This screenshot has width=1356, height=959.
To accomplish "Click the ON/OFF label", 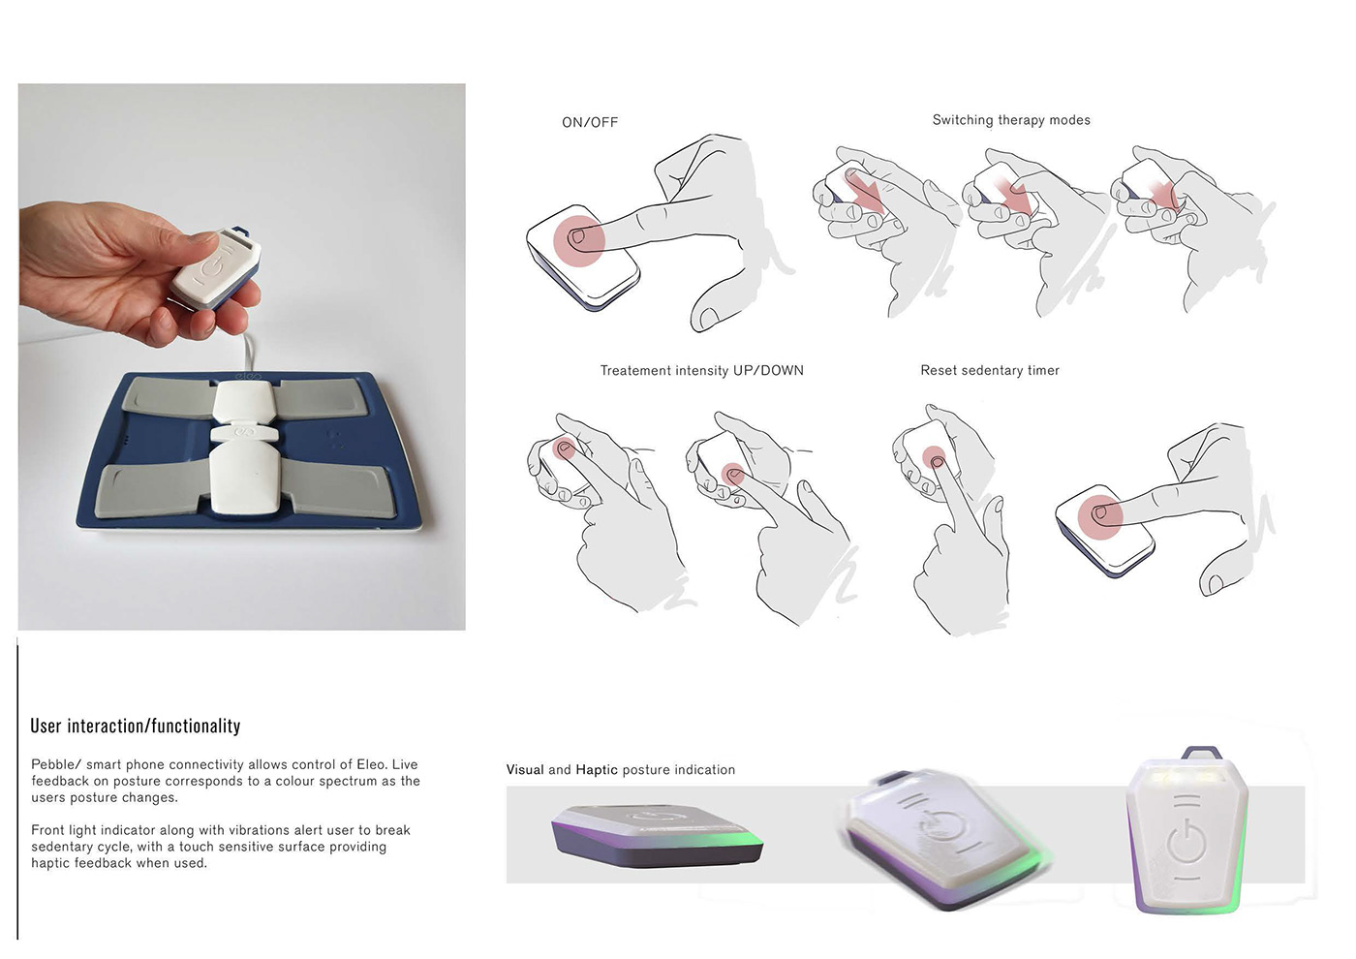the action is pyautogui.click(x=590, y=122).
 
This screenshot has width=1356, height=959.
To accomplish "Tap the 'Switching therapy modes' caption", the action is pyautogui.click(x=1011, y=120).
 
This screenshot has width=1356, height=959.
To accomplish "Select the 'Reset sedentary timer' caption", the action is pyautogui.click(x=990, y=370).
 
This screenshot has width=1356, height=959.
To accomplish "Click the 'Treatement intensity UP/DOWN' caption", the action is pyautogui.click(x=701, y=370).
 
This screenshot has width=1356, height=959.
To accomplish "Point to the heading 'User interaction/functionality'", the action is pyautogui.click(x=136, y=726).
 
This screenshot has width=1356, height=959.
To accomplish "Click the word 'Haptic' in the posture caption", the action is pyautogui.click(x=597, y=769).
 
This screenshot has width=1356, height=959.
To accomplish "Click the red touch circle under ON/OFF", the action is pyautogui.click(x=579, y=241).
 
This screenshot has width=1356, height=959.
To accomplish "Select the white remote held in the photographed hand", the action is pyautogui.click(x=216, y=267).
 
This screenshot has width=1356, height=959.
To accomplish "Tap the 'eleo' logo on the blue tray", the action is pyautogui.click(x=248, y=376).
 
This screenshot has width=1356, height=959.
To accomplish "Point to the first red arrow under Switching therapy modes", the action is pyautogui.click(x=866, y=191).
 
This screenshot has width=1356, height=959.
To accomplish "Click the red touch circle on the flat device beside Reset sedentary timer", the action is pyautogui.click(x=1100, y=517).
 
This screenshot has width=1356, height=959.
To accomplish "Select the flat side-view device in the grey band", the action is pyautogui.click(x=658, y=836).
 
